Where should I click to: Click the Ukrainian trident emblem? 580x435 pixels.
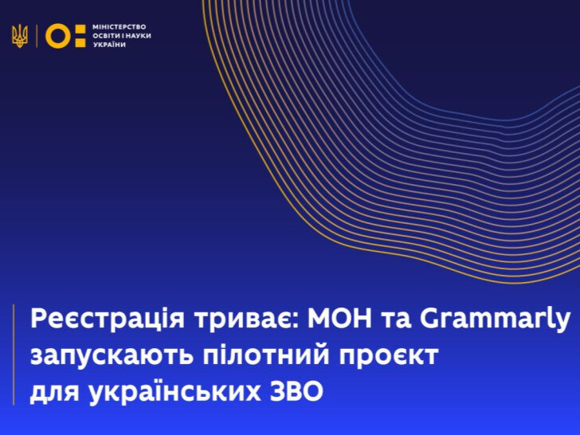(x=20, y=37)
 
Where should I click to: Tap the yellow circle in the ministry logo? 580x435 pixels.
(x=58, y=36)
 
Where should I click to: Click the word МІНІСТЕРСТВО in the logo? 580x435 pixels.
(x=120, y=27)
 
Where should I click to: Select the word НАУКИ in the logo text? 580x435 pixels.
(x=140, y=36)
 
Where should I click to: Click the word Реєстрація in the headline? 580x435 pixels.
(x=108, y=319)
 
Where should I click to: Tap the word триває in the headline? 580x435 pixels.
(x=248, y=319)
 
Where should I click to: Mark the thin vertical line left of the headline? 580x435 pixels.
(x=14, y=355)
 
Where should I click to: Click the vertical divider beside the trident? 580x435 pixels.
(x=37, y=36)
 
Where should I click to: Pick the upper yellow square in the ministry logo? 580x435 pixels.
(x=80, y=30)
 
